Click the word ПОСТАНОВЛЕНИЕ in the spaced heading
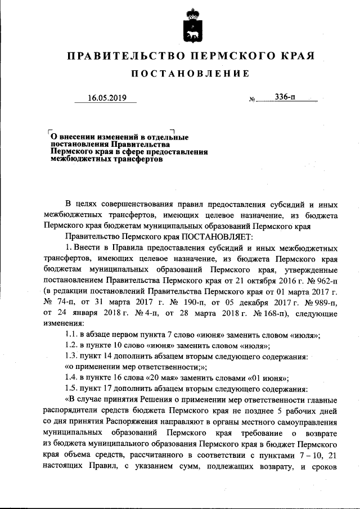(190, 74)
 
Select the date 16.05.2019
(107, 97)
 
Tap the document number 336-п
(286, 97)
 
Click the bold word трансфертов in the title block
(133, 159)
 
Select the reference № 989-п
(323, 301)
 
